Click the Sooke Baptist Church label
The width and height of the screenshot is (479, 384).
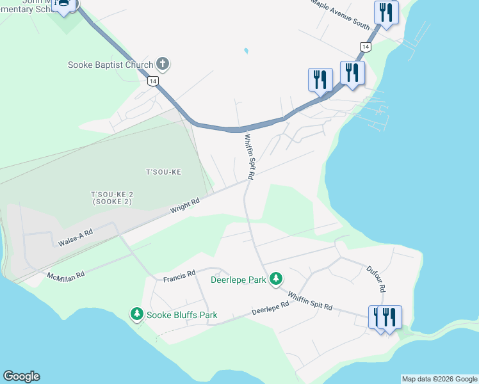tap(111, 65)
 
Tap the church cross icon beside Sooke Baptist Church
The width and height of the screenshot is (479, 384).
tap(163, 64)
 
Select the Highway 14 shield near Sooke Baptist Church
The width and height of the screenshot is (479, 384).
tap(152, 81)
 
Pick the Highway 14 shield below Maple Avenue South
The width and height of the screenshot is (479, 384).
tap(364, 47)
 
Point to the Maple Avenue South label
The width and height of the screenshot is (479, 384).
tap(341, 14)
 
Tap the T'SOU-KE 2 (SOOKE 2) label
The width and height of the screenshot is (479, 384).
tap(111, 198)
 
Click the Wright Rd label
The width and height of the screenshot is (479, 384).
tap(185, 205)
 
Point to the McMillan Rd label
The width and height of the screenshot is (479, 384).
tap(65, 275)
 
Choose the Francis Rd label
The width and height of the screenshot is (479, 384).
tap(179, 275)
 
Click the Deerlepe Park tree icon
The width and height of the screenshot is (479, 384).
tap(276, 279)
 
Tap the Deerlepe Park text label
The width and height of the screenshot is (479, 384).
tap(238, 280)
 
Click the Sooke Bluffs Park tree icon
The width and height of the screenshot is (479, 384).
tap(136, 314)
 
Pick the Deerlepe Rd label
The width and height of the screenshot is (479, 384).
tap(270, 308)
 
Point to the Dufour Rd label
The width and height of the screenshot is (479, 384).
tap(376, 279)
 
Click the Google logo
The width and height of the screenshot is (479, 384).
tap(21, 376)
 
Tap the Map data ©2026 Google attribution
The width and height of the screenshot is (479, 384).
tap(439, 379)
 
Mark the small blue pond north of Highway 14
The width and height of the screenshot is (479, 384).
tap(245, 51)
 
